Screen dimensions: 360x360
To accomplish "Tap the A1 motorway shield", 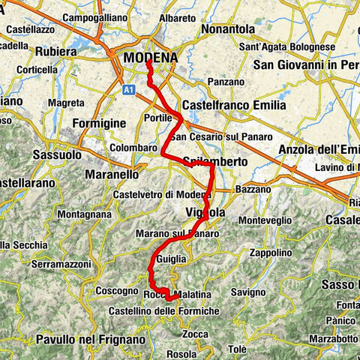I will pos(128,88).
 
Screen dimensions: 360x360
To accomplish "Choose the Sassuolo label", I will pos(57,154).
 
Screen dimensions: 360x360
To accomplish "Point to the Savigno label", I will pos(247,290).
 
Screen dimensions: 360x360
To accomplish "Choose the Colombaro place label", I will pos(130,148).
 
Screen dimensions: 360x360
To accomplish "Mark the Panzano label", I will pos(226,81).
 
